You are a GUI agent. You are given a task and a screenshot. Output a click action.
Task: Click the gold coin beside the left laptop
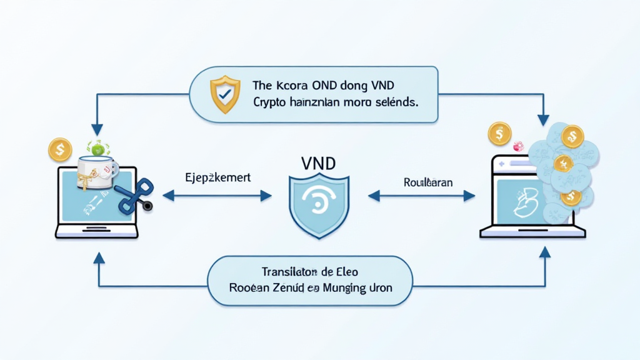click(60, 149)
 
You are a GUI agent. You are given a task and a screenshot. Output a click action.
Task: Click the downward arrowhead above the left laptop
click(97, 129)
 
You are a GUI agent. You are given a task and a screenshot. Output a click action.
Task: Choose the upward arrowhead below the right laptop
click(544, 252)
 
